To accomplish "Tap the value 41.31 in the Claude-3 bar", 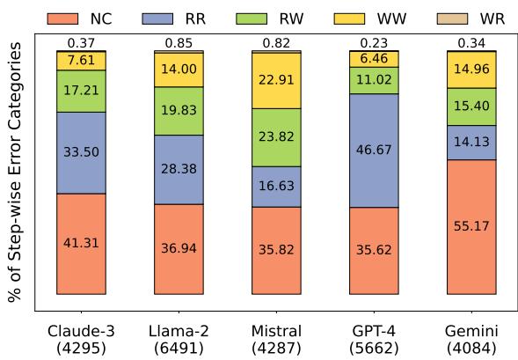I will (x=81, y=243).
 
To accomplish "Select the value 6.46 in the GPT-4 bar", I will (x=373, y=58).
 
